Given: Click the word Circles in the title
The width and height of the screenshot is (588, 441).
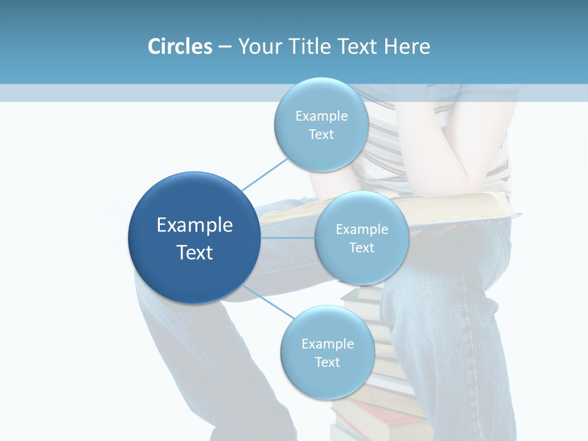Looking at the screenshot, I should [179, 47].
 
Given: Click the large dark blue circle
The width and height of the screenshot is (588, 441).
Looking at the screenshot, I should [194, 238].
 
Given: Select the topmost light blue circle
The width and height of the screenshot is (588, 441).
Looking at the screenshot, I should [321, 124].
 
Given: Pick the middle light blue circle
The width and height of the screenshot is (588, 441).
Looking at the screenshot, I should [361, 238].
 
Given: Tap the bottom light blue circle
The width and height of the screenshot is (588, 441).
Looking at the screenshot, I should [327, 352].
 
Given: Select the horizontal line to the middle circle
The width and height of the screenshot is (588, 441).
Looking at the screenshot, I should [287, 238].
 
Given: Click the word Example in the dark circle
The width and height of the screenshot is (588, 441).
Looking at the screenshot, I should [195, 225].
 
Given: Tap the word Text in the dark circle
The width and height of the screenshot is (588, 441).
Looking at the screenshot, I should [195, 252].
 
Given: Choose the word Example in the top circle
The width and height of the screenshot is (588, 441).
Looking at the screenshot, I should [322, 116].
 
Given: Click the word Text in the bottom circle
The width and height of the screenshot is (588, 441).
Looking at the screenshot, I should [327, 362].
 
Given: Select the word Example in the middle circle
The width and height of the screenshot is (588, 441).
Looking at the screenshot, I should [362, 230].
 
